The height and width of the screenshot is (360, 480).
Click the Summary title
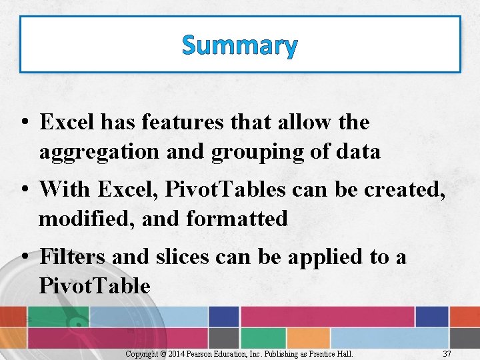[x=239, y=46]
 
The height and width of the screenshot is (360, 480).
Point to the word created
[x=399, y=189]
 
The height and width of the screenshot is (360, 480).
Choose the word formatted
[x=237, y=219]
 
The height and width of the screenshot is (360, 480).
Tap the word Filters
[x=72, y=257]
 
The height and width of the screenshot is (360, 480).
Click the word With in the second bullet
[x=65, y=189]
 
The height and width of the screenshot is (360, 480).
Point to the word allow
[x=299, y=123]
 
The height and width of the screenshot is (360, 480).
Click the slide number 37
[x=447, y=353]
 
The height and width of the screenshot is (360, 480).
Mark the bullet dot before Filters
[x=24, y=257]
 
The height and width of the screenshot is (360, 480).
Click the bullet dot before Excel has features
[x=24, y=123]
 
